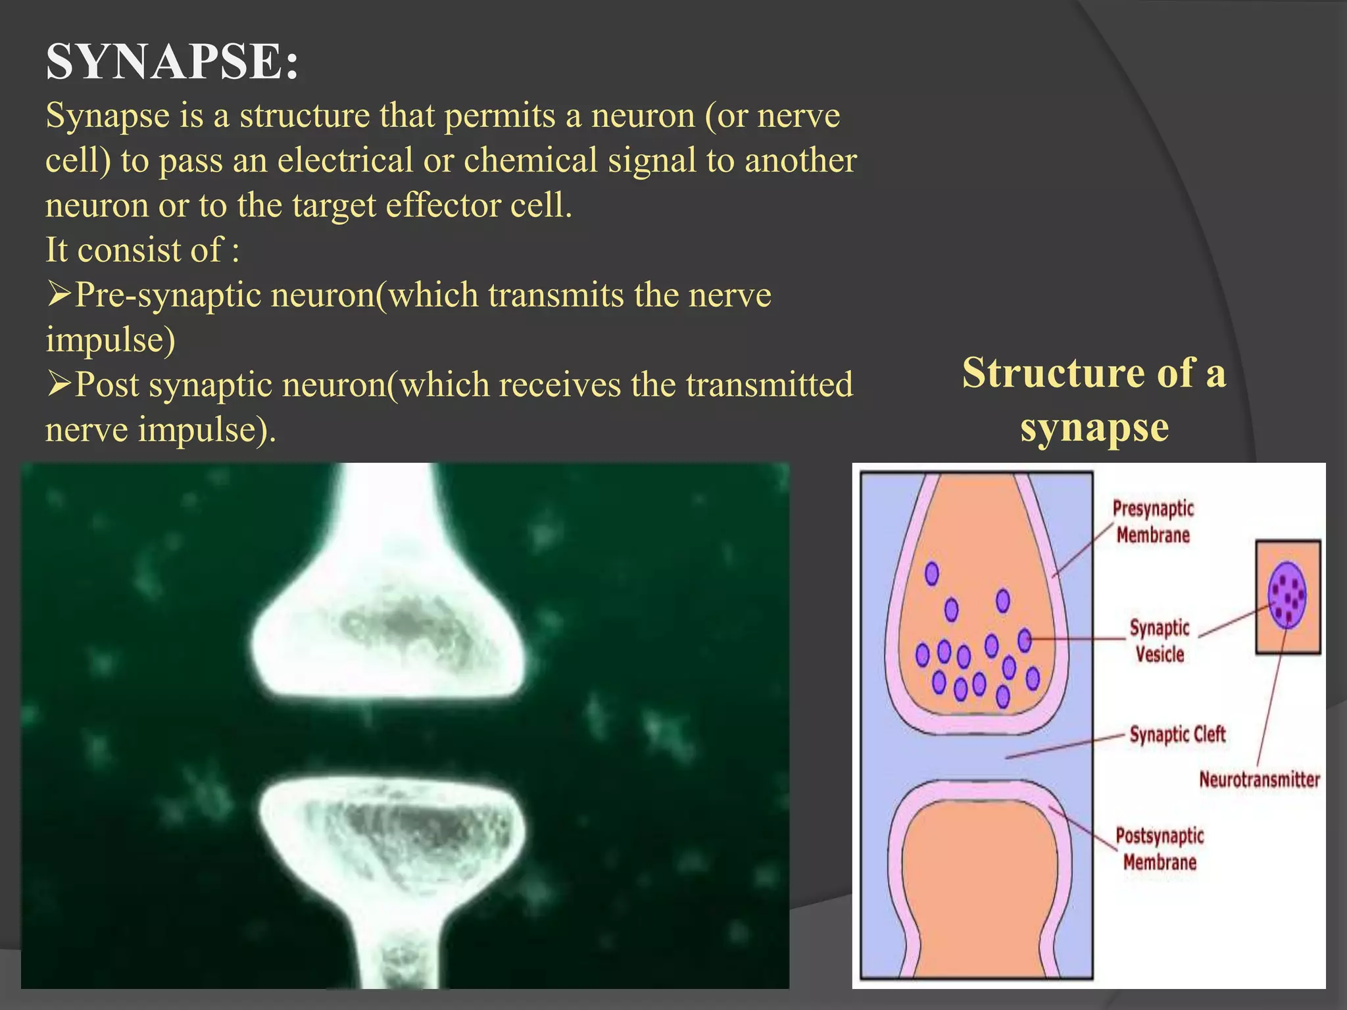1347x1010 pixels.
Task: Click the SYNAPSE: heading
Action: click(172, 62)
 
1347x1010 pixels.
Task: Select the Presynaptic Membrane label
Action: click(1153, 521)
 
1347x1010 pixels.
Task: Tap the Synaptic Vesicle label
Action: click(1160, 640)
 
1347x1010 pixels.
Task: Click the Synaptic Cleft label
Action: click(1177, 734)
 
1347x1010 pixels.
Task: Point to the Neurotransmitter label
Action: click(1259, 780)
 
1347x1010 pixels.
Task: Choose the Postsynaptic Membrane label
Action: click(1160, 849)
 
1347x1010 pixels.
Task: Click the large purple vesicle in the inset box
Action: click(1287, 595)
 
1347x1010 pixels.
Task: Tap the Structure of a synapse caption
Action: click(1094, 400)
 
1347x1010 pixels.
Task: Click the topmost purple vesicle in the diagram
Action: click(931, 573)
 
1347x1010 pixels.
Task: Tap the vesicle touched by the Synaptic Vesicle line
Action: click(1025, 639)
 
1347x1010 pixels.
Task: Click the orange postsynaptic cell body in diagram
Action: click(980, 888)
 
